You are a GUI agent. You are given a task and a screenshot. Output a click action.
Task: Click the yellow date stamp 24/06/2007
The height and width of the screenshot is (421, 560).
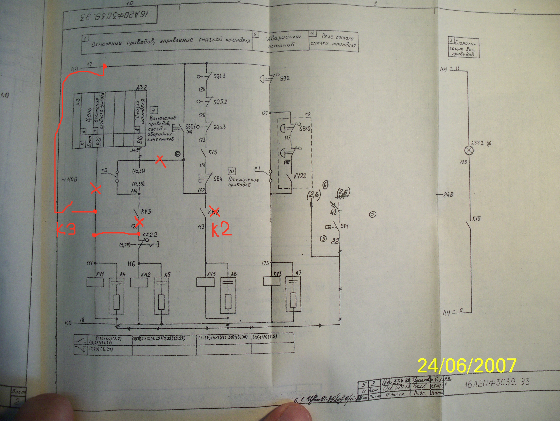pos(466,366)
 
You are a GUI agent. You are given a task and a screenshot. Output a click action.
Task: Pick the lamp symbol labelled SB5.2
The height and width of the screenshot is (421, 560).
pos(469,151)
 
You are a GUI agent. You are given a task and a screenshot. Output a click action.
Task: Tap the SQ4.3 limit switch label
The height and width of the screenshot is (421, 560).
pos(219,76)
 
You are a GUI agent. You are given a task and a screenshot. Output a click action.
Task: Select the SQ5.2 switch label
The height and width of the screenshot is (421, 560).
pos(220,102)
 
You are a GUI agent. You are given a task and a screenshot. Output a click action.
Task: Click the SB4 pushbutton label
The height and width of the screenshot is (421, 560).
pos(218,179)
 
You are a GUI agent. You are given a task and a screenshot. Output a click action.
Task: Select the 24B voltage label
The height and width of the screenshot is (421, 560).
pos(448,195)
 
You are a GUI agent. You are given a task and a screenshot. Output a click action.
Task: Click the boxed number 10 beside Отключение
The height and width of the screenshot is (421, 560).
pos(231,172)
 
